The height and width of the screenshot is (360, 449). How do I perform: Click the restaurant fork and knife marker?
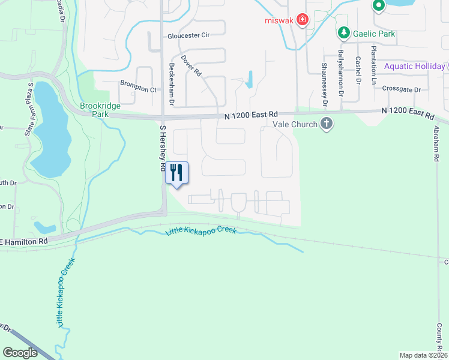click(176, 173)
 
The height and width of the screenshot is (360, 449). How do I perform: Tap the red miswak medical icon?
click(303, 19)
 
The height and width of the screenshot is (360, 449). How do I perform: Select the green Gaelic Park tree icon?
click(343, 32)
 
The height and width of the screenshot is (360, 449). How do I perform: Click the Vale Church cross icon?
click(327, 124)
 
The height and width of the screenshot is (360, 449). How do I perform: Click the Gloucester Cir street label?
click(188, 35)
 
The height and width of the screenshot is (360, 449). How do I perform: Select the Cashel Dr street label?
click(358, 70)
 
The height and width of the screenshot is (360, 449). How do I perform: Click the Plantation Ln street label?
click(373, 65)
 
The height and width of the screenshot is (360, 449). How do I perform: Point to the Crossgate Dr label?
click(402, 89)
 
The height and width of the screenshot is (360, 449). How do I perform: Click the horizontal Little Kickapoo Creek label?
click(200, 231)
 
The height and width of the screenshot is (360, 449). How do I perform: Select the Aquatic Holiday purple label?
click(414, 66)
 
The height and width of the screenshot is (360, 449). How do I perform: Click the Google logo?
click(20, 353)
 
